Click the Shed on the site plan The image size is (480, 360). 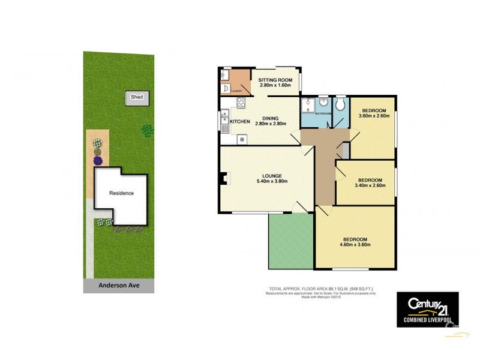point(137,97)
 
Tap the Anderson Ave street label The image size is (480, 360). point(119,286)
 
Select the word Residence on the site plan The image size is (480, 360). point(121,193)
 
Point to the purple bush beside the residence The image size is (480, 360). point(98,161)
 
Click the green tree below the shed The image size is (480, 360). point(146,129)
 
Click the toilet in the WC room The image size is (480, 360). point(340,105)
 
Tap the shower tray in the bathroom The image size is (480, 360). point(307,105)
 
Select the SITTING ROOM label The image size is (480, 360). point(275,80)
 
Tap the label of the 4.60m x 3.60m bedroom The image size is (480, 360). point(355,239)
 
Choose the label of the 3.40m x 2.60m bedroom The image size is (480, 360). point(370,180)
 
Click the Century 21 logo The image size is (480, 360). point(427,309)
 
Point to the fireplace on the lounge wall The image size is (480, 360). point(223,178)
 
